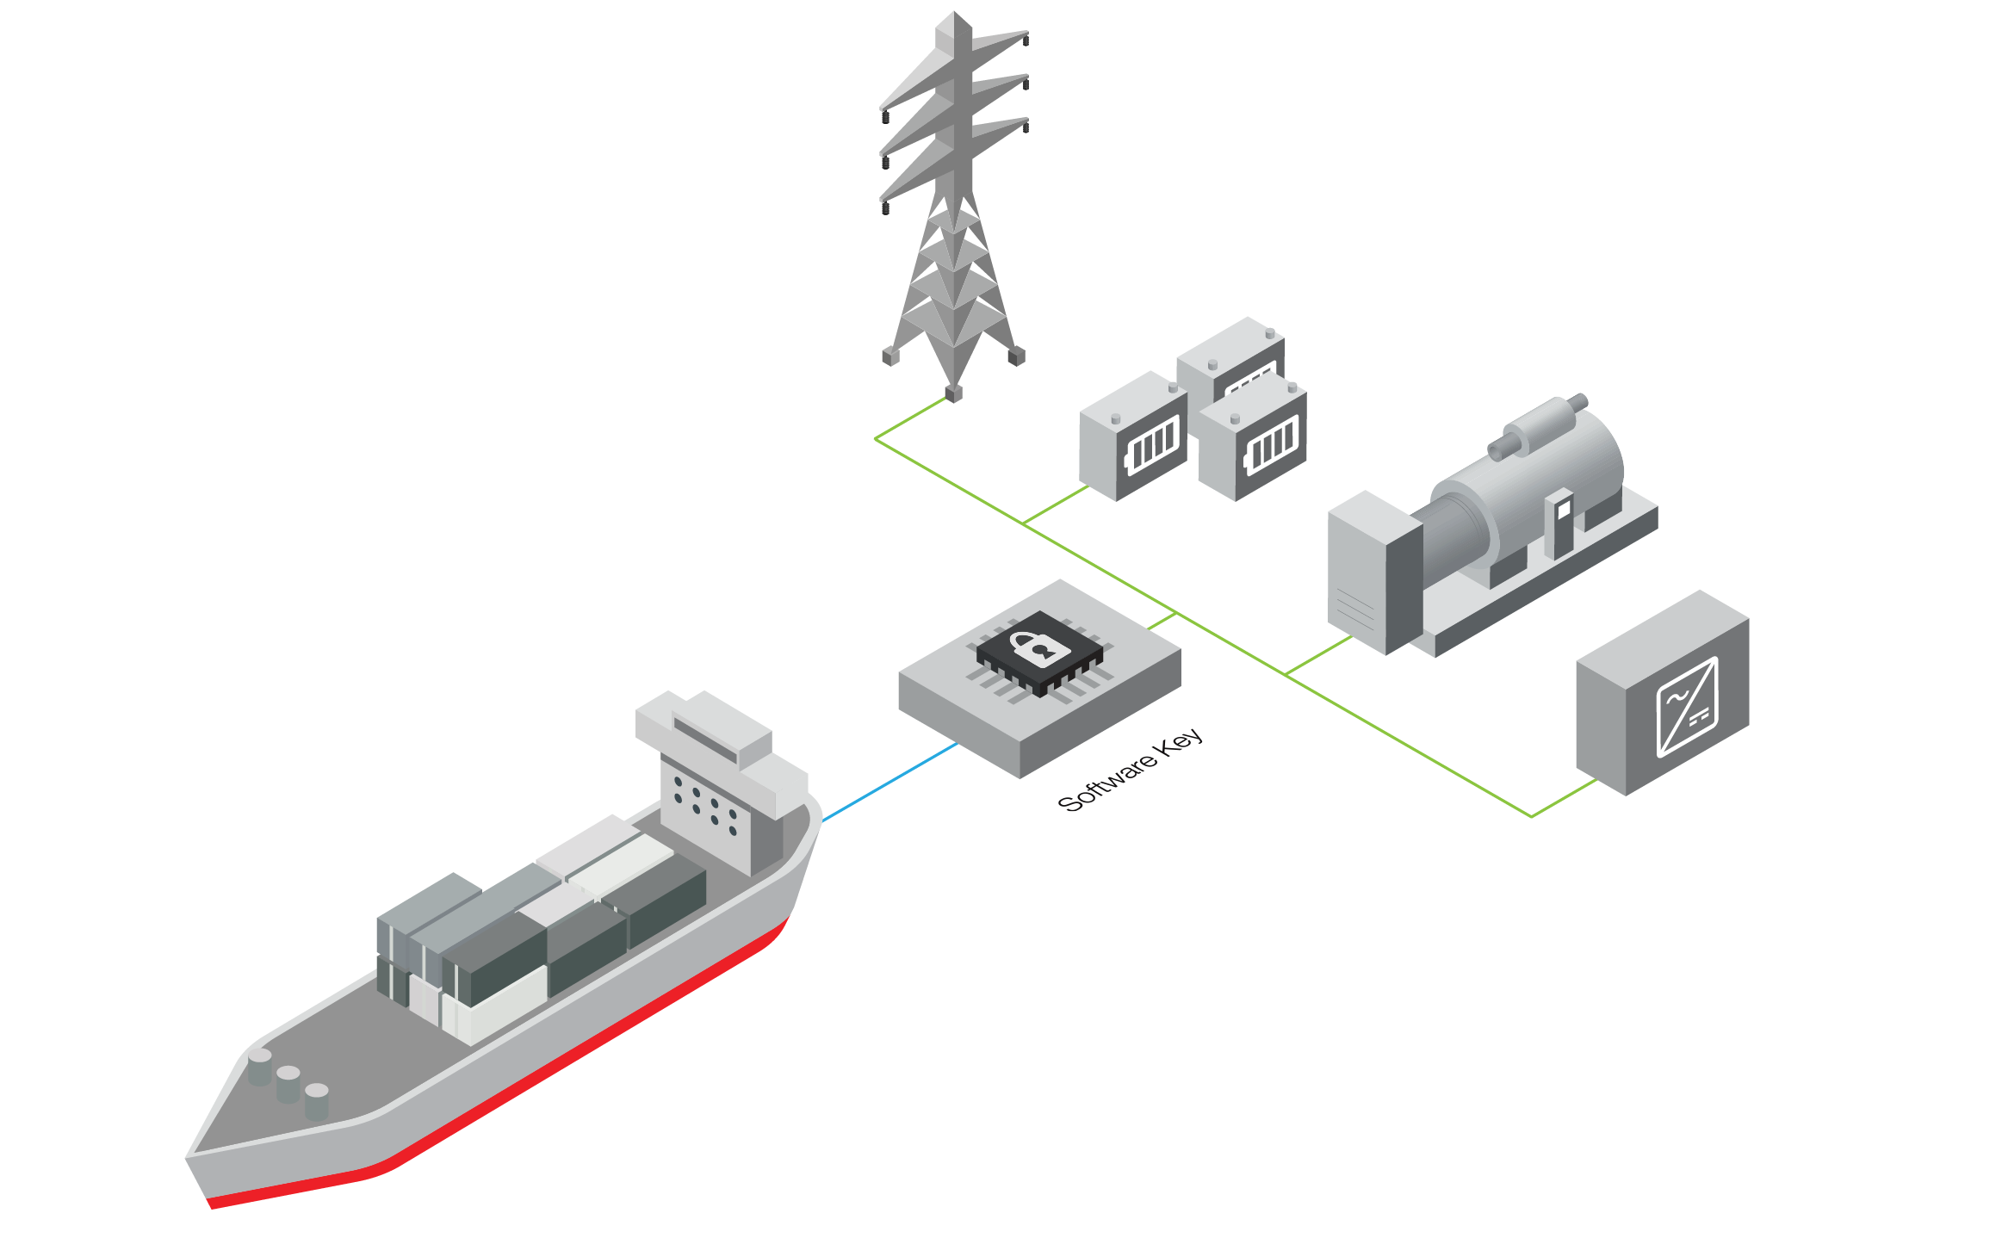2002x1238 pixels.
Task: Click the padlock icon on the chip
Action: pyautogui.click(x=1039, y=647)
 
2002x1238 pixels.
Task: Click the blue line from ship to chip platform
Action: pyautogui.click(x=890, y=783)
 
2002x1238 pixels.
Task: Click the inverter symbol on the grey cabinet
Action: pyautogui.click(x=1687, y=706)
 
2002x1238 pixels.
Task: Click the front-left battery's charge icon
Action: pyautogui.click(x=1151, y=446)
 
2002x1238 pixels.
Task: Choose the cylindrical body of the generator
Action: pyautogui.click(x=1533, y=482)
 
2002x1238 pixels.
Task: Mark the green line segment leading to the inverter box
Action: pyautogui.click(x=1564, y=798)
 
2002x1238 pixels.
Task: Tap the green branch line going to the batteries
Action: pyautogui.click(x=1056, y=504)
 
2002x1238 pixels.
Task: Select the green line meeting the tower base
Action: pyautogui.click(x=911, y=418)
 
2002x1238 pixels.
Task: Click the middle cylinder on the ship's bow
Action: pyautogui.click(x=288, y=1083)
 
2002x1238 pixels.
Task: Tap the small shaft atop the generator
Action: pyautogui.click(x=1541, y=422)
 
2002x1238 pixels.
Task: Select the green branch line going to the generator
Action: pyautogui.click(x=1318, y=655)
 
